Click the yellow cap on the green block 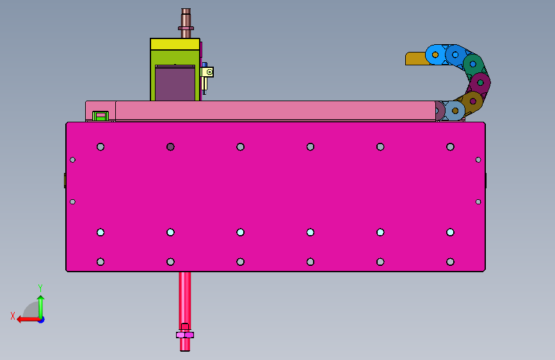click(175, 44)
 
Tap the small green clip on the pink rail click(101, 116)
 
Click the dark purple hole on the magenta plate click(170, 147)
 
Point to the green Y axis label click(40, 288)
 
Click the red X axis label click(13, 316)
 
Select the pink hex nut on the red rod click(185, 335)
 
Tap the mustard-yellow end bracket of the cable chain click(417, 58)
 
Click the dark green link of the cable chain click(473, 65)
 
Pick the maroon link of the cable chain click(480, 83)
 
